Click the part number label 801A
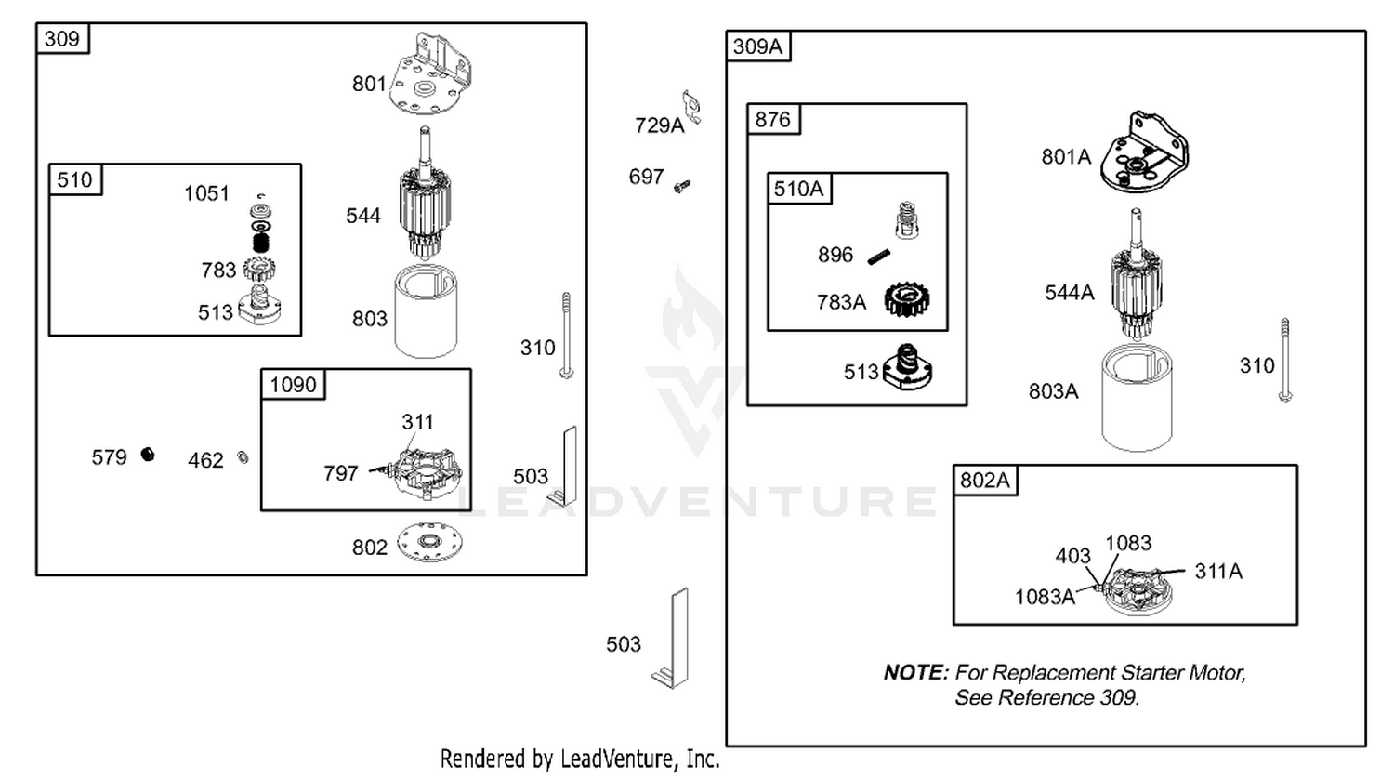pyautogui.click(x=1066, y=157)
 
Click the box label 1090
pyautogui.click(x=293, y=384)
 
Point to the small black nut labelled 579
pyautogui.click(x=148, y=455)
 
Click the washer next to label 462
pyautogui.click(x=243, y=458)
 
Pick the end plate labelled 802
pyautogui.click(x=430, y=542)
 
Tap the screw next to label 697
pyautogui.click(x=682, y=186)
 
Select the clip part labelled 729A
pyautogui.click(x=691, y=107)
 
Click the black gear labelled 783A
pyautogui.click(x=907, y=299)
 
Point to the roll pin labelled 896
pyautogui.click(x=879, y=257)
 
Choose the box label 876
pyautogui.click(x=772, y=119)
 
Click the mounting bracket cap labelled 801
pyautogui.click(x=430, y=74)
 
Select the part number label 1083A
pyautogui.click(x=1045, y=597)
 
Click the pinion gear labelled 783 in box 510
pyautogui.click(x=259, y=269)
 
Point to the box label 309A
pyautogui.click(x=757, y=46)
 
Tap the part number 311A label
pyautogui.click(x=1218, y=571)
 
